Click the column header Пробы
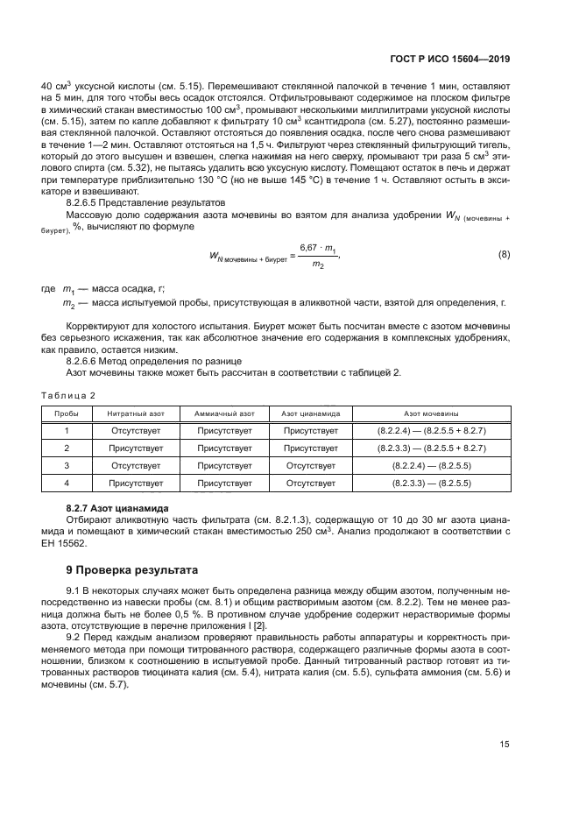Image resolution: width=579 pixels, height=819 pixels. tap(67, 413)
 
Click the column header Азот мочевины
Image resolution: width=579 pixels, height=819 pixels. tap(431, 413)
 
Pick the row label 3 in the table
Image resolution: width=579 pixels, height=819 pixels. tap(67, 465)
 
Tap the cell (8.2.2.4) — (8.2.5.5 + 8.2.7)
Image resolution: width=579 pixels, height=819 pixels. tap(431, 431)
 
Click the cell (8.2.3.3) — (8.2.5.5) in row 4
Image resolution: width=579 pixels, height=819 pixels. tap(431, 483)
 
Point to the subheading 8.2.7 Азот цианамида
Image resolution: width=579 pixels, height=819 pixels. tap(118, 508)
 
